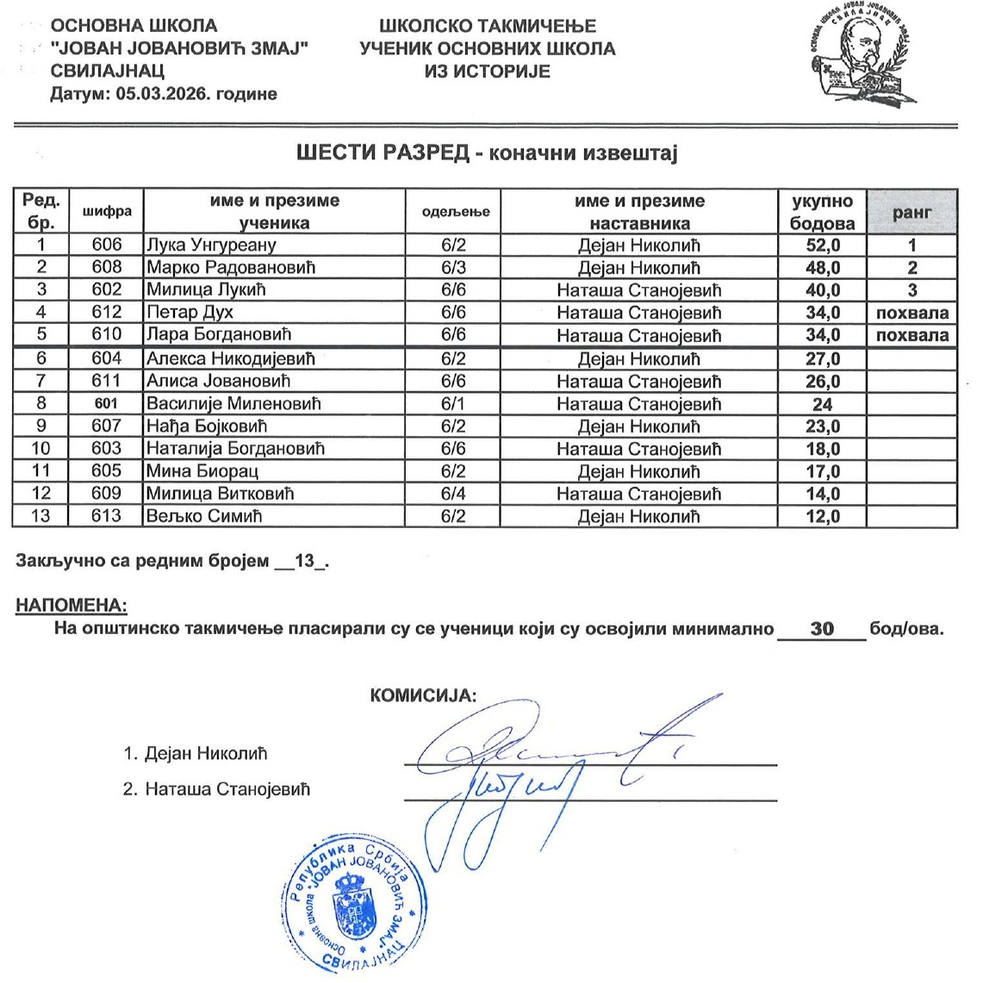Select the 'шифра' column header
click(107, 212)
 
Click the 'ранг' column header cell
click(911, 212)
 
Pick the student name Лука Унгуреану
click(211, 246)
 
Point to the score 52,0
click(822, 246)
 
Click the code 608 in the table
click(107, 268)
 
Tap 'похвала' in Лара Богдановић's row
click(911, 335)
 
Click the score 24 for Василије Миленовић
click(822, 404)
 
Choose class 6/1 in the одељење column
click(453, 404)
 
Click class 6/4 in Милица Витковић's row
click(453, 494)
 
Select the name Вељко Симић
click(204, 516)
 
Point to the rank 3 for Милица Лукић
click(911, 290)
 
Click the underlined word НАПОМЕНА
click(72, 607)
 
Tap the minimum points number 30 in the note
click(822, 629)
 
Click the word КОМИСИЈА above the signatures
click(423, 696)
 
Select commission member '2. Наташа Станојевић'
click(216, 789)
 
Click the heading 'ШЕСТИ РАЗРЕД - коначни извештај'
click(488, 153)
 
